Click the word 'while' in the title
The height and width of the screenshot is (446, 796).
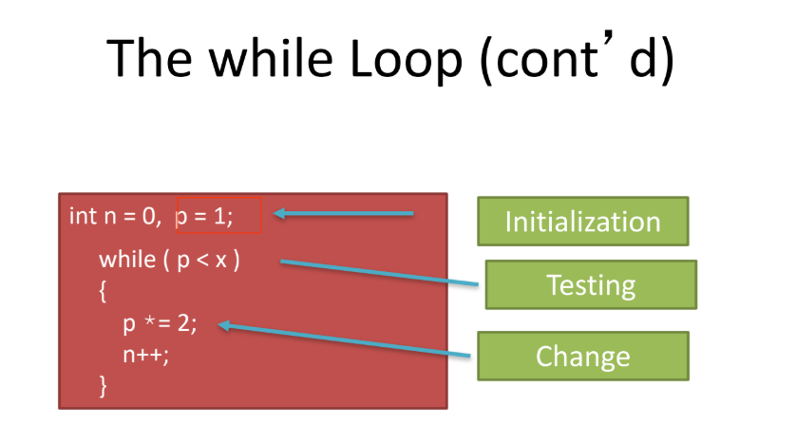pyautogui.click(x=271, y=57)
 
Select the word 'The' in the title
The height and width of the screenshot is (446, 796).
pyautogui.click(x=150, y=57)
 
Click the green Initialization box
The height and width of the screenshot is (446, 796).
pyautogui.click(x=583, y=221)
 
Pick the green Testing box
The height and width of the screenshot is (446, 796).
pyautogui.click(x=591, y=284)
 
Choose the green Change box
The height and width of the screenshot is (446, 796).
pyautogui.click(x=583, y=356)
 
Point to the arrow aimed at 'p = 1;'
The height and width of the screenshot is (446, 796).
pyautogui.click(x=344, y=213)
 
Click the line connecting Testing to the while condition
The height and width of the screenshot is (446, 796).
pyautogui.click(x=380, y=273)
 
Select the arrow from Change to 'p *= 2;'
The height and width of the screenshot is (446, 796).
pyautogui.click(x=344, y=340)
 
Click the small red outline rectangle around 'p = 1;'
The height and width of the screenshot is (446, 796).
pyautogui.click(x=218, y=198)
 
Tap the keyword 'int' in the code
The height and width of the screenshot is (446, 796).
pyautogui.click(x=83, y=216)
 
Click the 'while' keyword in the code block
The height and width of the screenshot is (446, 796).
pyautogui.click(x=127, y=260)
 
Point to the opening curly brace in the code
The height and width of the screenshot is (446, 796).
pyautogui.click(x=103, y=292)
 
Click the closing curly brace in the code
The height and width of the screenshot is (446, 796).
pyautogui.click(x=103, y=386)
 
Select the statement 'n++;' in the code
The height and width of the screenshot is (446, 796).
pyautogui.click(x=145, y=355)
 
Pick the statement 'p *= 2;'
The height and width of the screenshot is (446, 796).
pyautogui.click(x=160, y=323)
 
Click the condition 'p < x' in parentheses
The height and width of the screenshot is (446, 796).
pyautogui.click(x=201, y=261)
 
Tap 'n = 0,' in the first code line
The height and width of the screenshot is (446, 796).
pyautogui.click(x=133, y=217)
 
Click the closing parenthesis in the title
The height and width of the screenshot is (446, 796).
pyautogui.click(x=667, y=61)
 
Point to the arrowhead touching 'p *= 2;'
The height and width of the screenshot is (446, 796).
pyautogui.click(x=224, y=325)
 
